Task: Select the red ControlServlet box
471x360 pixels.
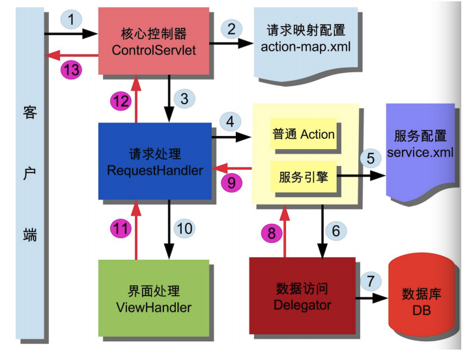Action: pos(154,40)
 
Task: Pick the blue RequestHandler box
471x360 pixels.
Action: pos(155,161)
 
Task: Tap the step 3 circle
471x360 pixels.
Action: pos(184,99)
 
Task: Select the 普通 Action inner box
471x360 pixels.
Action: pos(303,134)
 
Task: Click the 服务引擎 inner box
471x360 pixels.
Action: pos(303,176)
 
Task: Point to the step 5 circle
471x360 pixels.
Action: pos(371,158)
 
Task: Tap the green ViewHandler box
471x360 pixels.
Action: pos(154,298)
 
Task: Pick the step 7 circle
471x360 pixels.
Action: pos(370,282)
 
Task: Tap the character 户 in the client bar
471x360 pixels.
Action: pos(31,175)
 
